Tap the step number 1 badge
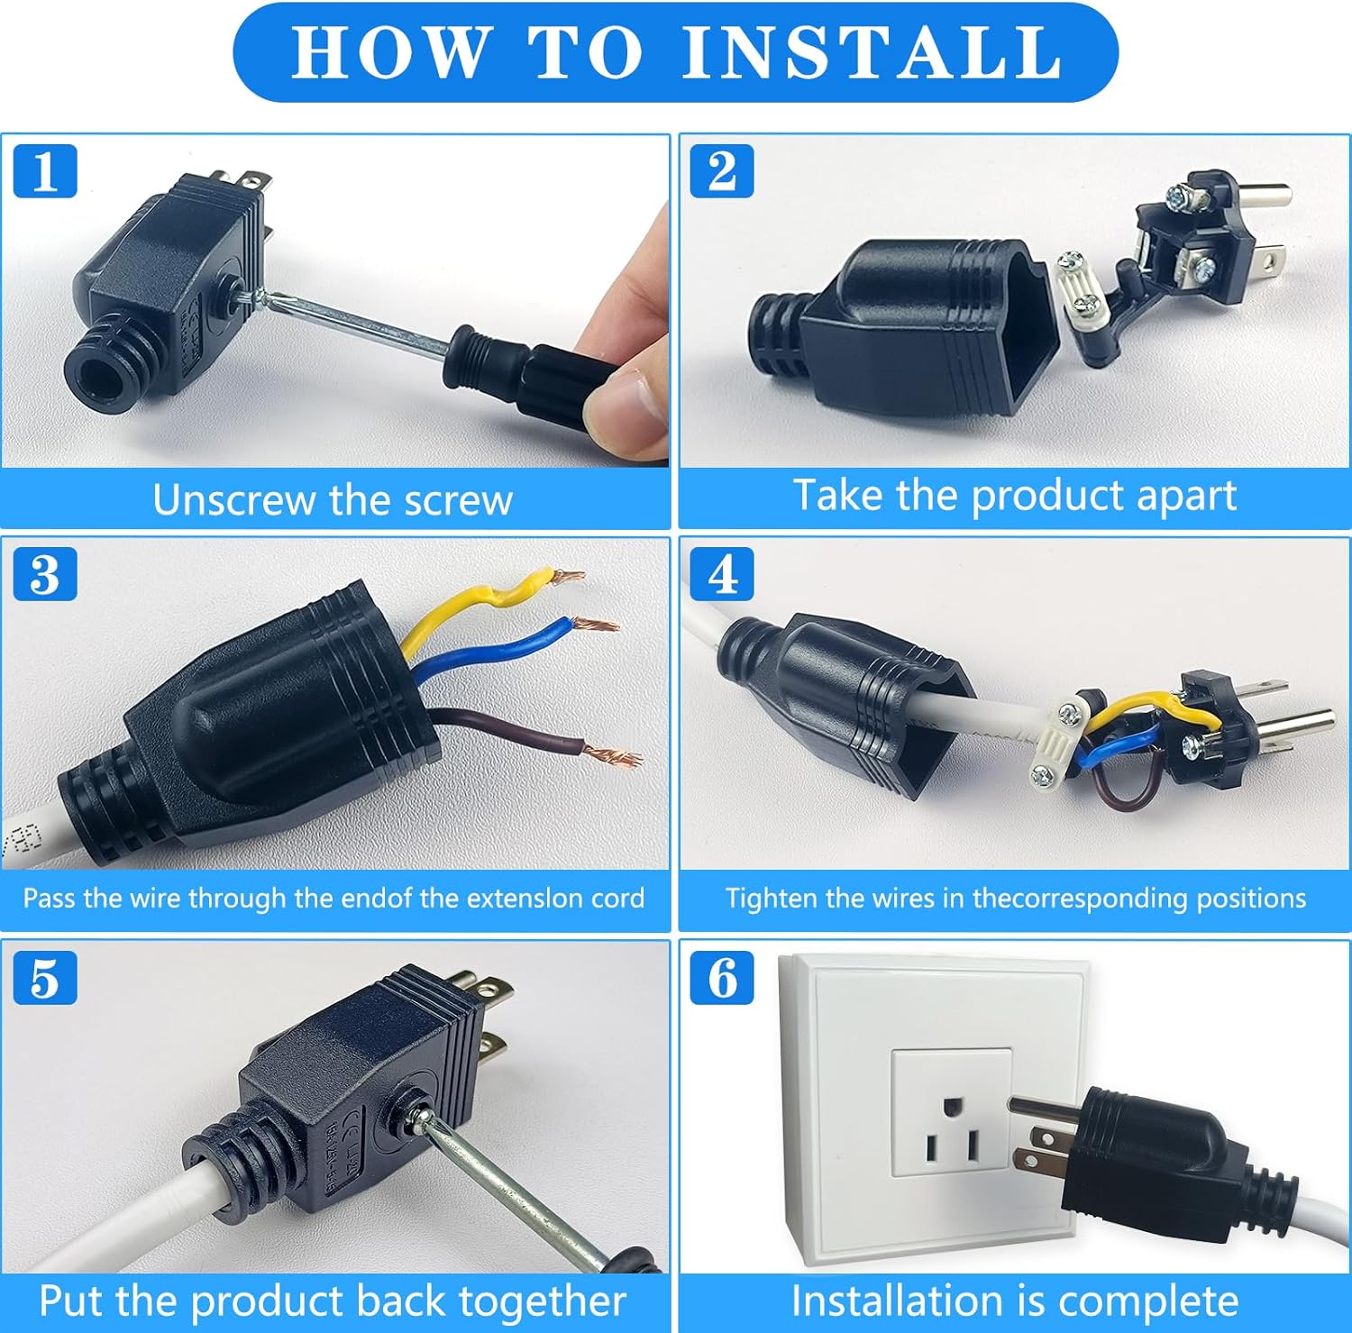pyautogui.click(x=45, y=170)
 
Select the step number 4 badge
pyautogui.click(x=722, y=573)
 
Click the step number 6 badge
pyautogui.click(x=722, y=977)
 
